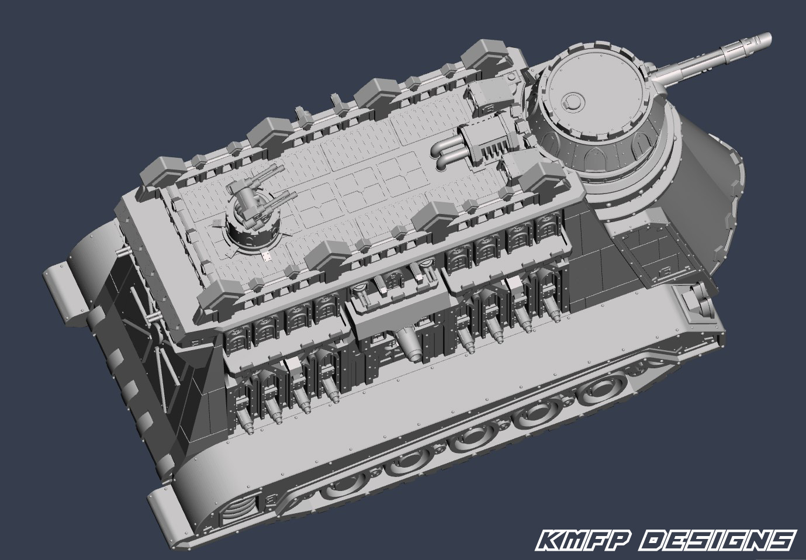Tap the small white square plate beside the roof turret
pyautogui.click(x=267, y=256)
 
